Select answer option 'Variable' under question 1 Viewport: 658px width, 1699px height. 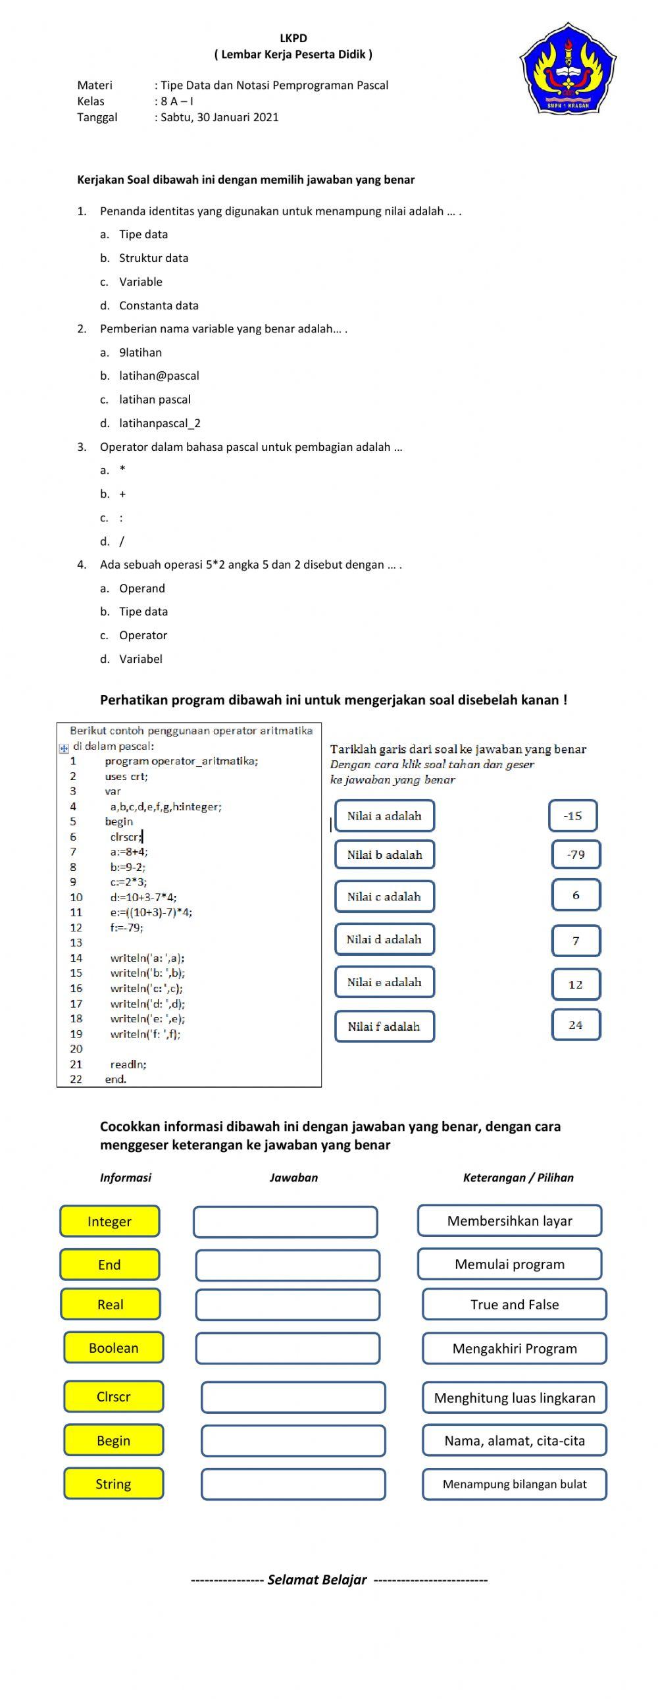140,282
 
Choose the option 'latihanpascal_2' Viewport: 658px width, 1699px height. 159,423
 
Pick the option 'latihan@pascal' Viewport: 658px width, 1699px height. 159,376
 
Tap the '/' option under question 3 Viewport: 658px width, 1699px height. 121,542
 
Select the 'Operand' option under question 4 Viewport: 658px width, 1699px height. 141,588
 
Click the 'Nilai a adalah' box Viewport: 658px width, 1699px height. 384,816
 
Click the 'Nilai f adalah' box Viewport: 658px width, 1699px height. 384,1026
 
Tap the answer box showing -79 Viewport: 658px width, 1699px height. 576,855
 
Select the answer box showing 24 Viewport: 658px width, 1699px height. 576,1025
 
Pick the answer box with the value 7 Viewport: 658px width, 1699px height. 576,941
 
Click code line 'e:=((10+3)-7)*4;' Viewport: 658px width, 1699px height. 151,912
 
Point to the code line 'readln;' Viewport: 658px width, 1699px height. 128,1064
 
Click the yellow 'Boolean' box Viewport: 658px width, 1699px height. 113,1348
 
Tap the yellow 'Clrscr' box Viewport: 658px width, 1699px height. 113,1397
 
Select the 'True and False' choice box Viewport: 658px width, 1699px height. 515,1305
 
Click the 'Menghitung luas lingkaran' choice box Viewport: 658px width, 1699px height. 515,1398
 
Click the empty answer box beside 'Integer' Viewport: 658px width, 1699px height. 286,1222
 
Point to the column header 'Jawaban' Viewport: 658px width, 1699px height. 293,1177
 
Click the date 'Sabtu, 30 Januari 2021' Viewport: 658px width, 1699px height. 219,117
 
